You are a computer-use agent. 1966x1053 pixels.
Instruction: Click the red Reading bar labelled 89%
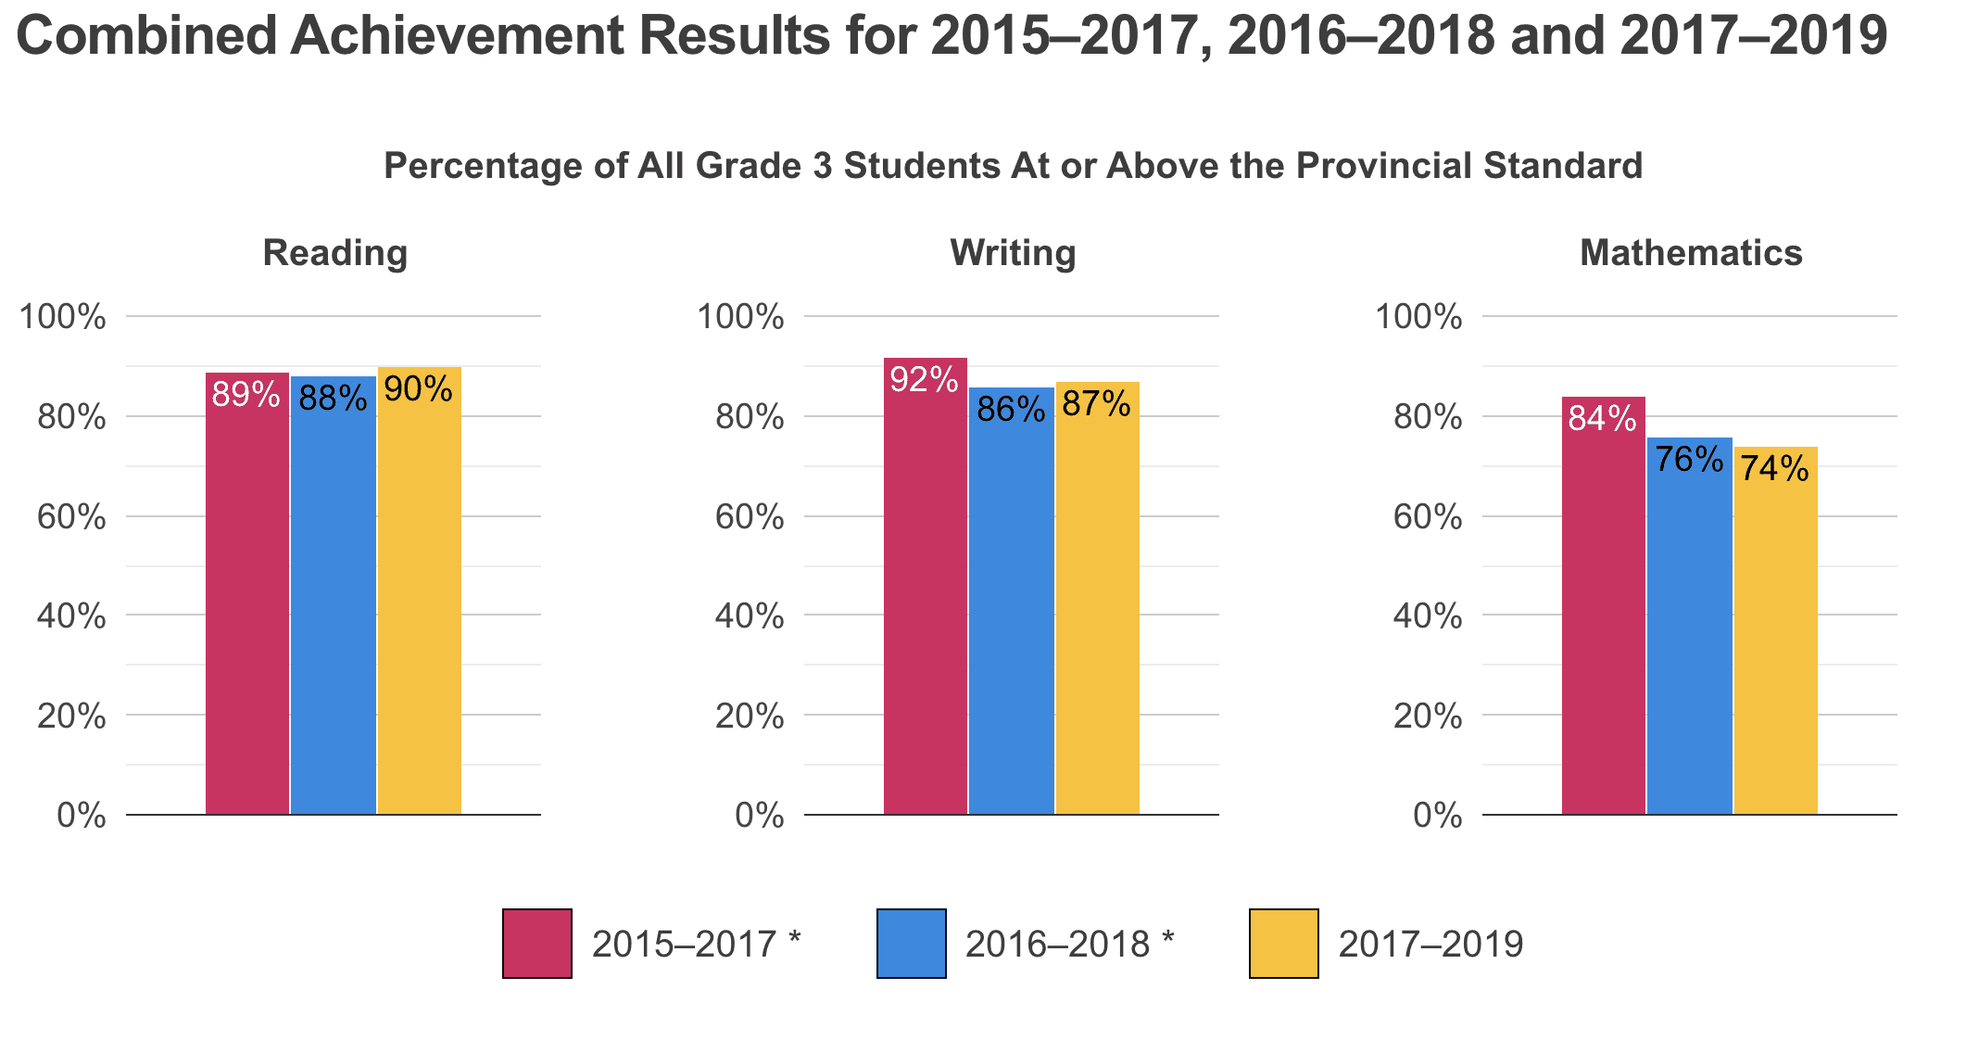(247, 593)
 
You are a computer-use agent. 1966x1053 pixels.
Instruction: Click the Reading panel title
(334, 253)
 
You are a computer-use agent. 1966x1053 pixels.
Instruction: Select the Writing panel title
(1013, 253)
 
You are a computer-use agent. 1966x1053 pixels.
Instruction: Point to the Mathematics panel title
(1691, 253)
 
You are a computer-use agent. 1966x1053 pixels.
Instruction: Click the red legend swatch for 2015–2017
(537, 944)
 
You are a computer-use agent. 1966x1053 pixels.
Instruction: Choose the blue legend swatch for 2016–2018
(911, 944)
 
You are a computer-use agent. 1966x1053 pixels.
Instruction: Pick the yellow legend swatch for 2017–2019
(1284, 944)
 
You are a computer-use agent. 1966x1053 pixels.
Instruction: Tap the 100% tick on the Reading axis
(63, 317)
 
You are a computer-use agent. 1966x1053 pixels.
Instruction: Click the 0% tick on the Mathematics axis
(1438, 816)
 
